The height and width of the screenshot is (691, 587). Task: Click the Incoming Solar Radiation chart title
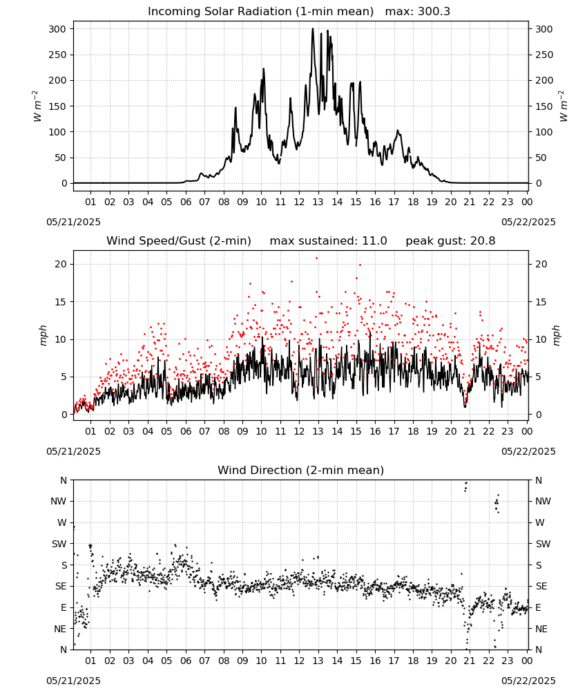pos(260,12)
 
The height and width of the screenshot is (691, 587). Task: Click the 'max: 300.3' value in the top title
pos(418,12)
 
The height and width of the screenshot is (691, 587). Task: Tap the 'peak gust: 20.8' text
pos(450,241)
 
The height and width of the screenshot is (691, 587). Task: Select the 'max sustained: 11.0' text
pos(328,241)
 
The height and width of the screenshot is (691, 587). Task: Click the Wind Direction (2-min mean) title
pos(301,470)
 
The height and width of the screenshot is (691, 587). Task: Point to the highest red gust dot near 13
pos(316,258)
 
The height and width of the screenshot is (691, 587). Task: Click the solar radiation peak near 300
pos(313,28)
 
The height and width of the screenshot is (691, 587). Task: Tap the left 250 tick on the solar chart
pos(58,55)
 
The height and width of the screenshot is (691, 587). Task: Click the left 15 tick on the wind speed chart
pos(61,302)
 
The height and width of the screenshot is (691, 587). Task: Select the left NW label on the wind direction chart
pos(58,501)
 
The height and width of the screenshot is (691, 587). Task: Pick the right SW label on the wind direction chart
pos(543,544)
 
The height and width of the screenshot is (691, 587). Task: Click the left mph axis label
pos(43,335)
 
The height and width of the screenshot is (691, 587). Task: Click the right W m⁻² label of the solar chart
pos(564,106)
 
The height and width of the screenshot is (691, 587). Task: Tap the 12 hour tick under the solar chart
pos(299,202)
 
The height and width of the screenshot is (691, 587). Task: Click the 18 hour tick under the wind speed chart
pos(412,431)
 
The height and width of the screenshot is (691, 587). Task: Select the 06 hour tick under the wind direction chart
pos(185,661)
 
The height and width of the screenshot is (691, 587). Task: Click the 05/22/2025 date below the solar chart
pos(528,222)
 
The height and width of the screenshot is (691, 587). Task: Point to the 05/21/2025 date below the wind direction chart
pos(73,681)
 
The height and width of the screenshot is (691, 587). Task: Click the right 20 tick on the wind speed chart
pos(541,264)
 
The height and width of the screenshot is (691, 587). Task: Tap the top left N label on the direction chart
pos(64,480)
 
